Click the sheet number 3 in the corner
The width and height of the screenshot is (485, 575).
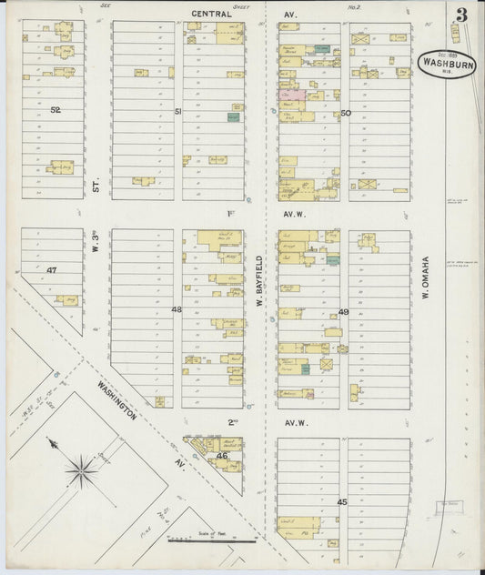tap(462, 14)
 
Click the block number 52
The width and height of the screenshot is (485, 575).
tap(56, 109)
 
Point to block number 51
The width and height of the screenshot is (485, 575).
tap(178, 111)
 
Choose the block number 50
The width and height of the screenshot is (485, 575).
tap(346, 113)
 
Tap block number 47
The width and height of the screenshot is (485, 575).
tap(52, 270)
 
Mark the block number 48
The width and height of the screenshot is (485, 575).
tap(177, 310)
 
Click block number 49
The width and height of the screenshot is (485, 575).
tap(344, 312)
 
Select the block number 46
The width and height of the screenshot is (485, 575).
tap(222, 455)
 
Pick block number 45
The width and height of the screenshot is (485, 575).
tap(342, 502)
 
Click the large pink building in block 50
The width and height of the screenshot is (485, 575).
tap(292, 95)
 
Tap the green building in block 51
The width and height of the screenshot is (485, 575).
tap(234, 117)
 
